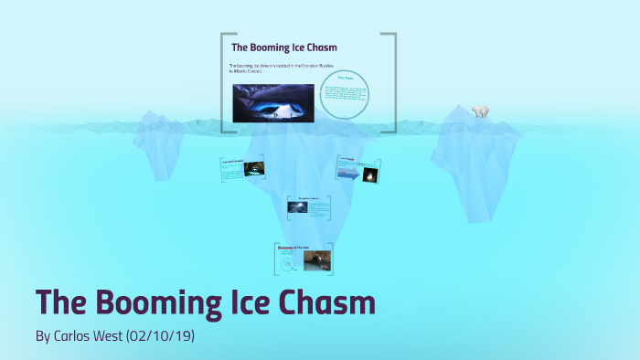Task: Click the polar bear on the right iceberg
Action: (x=480, y=111)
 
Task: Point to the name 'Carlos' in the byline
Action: (x=75, y=337)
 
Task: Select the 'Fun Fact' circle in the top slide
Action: (x=345, y=94)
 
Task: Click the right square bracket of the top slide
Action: (x=392, y=82)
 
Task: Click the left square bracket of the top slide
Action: (x=224, y=82)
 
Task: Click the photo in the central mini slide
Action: (x=298, y=207)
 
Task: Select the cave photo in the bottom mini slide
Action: (x=316, y=260)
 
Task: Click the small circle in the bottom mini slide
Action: (x=288, y=264)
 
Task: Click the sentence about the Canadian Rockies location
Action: (x=281, y=69)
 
